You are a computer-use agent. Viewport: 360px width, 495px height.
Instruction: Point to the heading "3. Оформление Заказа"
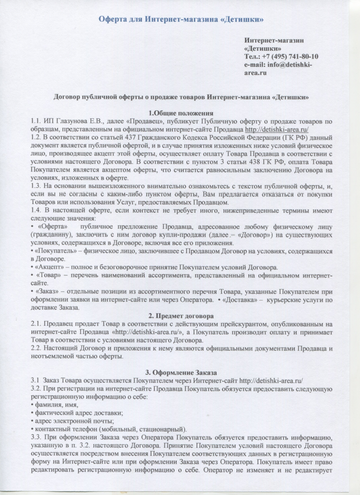click(x=180, y=373)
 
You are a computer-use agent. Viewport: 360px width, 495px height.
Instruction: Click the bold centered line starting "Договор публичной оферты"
click(x=180, y=97)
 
